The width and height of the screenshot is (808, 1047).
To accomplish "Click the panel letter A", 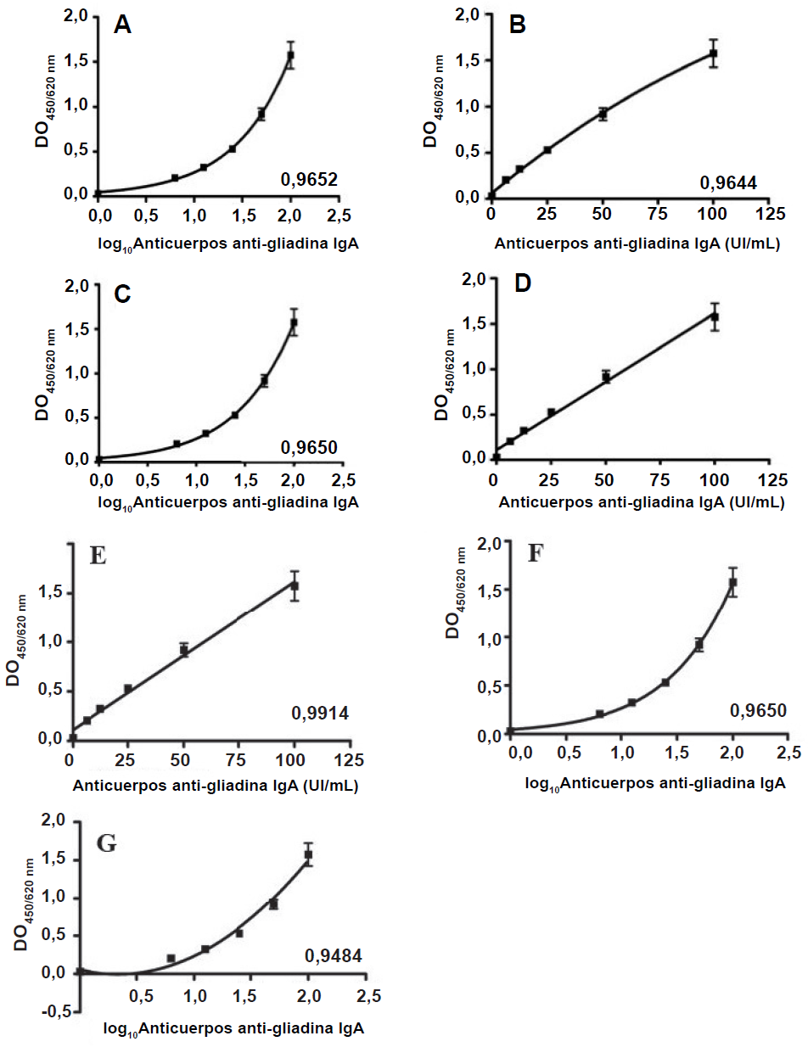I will (123, 26).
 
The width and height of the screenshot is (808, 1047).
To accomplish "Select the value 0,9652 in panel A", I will (310, 179).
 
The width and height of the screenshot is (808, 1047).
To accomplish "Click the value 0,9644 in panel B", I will (728, 182).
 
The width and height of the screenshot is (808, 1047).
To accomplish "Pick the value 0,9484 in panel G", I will (334, 957).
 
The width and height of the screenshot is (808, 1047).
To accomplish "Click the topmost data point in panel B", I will (714, 54).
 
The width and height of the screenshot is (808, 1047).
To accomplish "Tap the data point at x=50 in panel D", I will (606, 376).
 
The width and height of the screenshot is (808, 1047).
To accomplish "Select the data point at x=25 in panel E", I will (128, 689).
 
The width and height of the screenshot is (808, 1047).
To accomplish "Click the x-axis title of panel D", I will (641, 502).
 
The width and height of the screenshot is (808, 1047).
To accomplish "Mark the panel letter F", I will (536, 554).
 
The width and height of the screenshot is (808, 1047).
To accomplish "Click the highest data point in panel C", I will (295, 322).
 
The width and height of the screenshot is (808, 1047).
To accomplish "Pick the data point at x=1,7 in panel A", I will (261, 114).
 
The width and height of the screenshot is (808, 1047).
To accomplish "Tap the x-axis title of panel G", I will (234, 1029).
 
